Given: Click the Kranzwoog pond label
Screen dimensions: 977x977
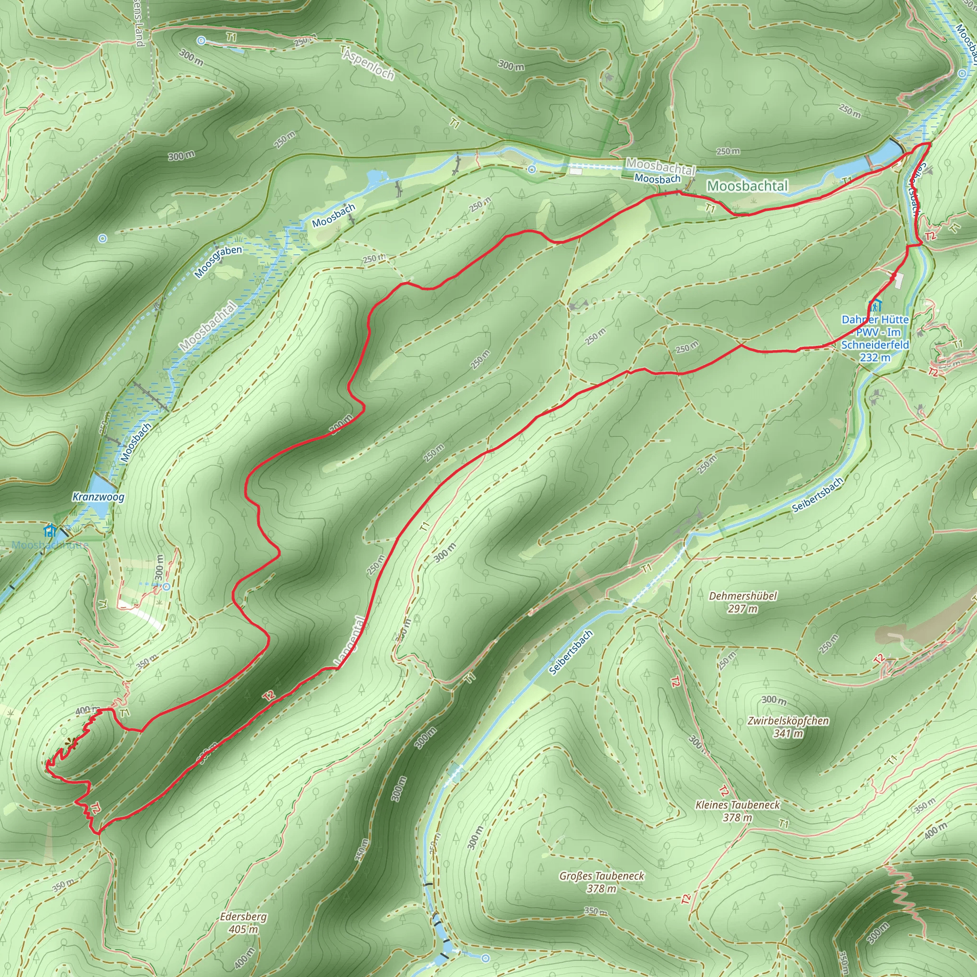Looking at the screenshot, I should click(x=98, y=497).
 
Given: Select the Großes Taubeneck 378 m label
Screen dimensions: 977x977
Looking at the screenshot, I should click(x=601, y=882).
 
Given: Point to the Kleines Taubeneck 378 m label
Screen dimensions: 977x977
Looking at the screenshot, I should click(x=738, y=811).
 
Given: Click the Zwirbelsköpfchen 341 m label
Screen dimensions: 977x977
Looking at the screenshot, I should click(x=788, y=726).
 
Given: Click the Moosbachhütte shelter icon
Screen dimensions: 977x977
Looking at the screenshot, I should click(x=50, y=531).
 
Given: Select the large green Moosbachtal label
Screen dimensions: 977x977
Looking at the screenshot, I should click(x=747, y=186).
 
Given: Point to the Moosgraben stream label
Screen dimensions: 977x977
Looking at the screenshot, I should click(x=218, y=261).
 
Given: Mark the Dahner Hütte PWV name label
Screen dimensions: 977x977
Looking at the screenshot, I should click(x=875, y=332).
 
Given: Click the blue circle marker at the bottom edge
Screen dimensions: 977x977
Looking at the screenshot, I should click(x=485, y=958).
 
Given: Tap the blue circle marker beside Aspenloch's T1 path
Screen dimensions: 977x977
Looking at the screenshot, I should click(x=201, y=41).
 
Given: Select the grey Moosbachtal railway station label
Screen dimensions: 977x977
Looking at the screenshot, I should click(x=660, y=166).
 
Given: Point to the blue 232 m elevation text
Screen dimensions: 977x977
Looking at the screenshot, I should click(x=875, y=357).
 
